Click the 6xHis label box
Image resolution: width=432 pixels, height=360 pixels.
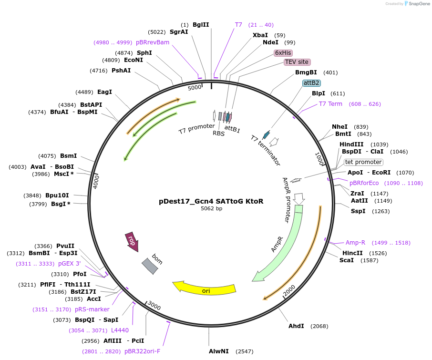click(x=283, y=53)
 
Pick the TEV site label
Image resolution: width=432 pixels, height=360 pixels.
click(x=297, y=62)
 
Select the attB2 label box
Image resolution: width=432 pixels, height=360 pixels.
click(x=311, y=83)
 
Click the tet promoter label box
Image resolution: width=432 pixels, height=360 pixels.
click(x=363, y=162)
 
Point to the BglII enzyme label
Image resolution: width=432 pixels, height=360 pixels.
click(x=201, y=25)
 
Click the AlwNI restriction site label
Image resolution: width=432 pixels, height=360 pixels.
click(x=219, y=351)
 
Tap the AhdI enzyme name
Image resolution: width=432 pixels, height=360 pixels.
click(x=296, y=326)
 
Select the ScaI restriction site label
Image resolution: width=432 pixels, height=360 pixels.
click(x=347, y=260)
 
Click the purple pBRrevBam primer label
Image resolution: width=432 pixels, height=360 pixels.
click(x=153, y=42)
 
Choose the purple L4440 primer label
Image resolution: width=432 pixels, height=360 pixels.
click(x=120, y=330)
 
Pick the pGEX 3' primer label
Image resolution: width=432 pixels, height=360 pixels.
click(x=70, y=264)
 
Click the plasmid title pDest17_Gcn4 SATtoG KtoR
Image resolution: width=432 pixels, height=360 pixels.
click(x=211, y=201)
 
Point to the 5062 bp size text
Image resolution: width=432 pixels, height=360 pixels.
click(x=211, y=209)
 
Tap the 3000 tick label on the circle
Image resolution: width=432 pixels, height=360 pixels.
click(x=154, y=305)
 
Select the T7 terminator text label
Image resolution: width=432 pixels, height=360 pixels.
click(x=266, y=150)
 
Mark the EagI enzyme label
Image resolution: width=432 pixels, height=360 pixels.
click(x=104, y=92)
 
